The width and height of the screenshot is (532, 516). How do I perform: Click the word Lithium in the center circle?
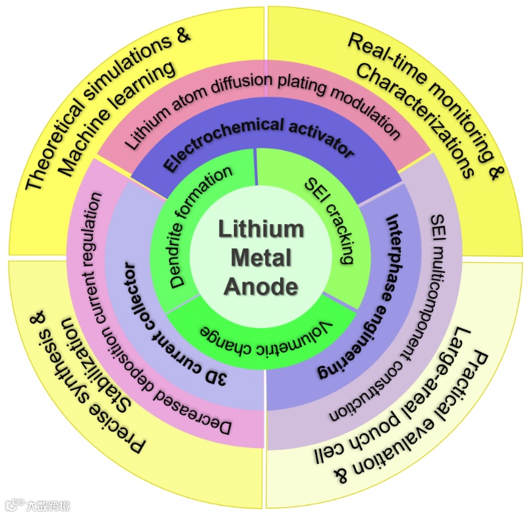[260, 229]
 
